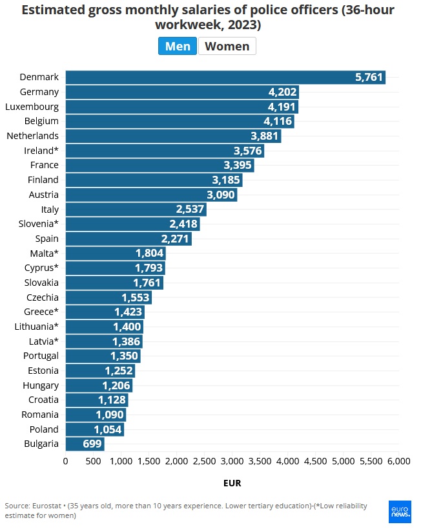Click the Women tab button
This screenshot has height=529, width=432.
[227, 47]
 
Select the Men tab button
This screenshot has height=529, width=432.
[178, 47]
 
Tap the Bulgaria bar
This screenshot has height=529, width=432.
[84, 444]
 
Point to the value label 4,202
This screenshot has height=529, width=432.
[282, 92]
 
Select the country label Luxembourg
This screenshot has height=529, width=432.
[32, 107]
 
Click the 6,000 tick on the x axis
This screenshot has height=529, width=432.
[398, 461]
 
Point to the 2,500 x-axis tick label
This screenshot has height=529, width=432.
[204, 461]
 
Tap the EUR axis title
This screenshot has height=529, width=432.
[232, 483]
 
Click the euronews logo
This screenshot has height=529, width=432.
[400, 511]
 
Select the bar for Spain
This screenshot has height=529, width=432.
[128, 239]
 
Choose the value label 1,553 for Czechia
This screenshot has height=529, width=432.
[135, 297]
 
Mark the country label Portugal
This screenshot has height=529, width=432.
[40, 356]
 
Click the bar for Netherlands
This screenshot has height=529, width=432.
[172, 136]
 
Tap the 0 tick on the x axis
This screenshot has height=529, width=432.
[65, 461]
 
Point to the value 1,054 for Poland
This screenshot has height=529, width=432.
[107, 429]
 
